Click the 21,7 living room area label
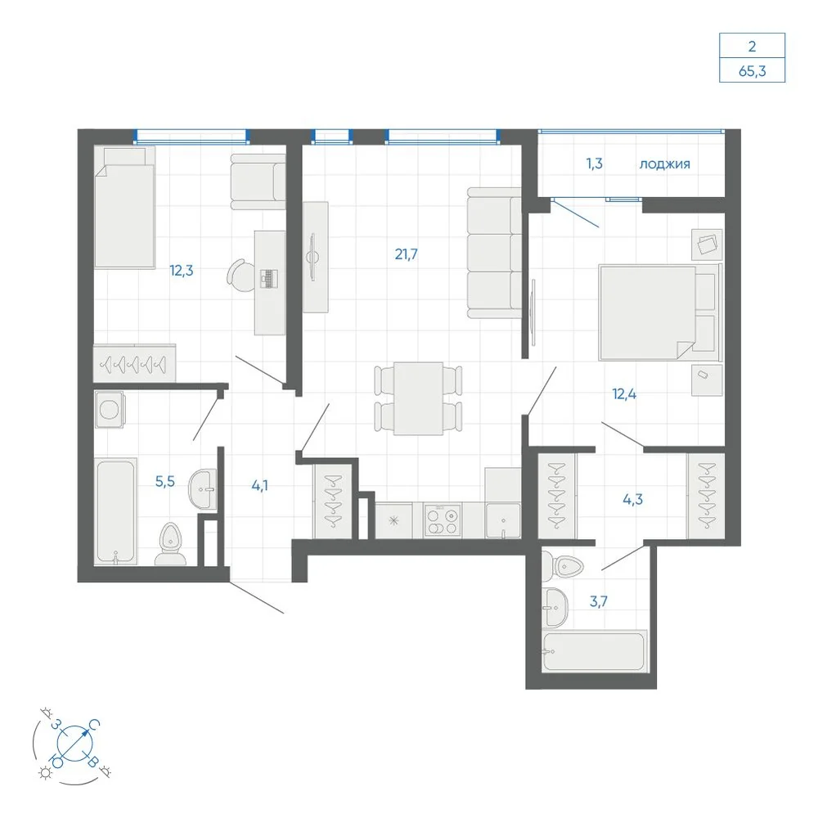[x=406, y=254]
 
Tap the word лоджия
[x=664, y=164]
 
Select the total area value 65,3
[x=752, y=71]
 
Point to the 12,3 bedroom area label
[x=181, y=271]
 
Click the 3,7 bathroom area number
[x=599, y=601]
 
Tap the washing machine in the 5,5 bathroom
[x=110, y=410]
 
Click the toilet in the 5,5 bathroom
[x=170, y=544]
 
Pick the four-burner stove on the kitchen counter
[x=442, y=520]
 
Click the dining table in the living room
[x=418, y=398]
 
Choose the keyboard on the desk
[x=268, y=279]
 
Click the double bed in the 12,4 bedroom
[x=660, y=312]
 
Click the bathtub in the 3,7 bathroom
[x=595, y=652]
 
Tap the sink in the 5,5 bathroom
[x=202, y=489]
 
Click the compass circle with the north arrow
[x=74, y=743]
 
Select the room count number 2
[x=752, y=47]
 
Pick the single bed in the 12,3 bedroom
[x=124, y=207]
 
